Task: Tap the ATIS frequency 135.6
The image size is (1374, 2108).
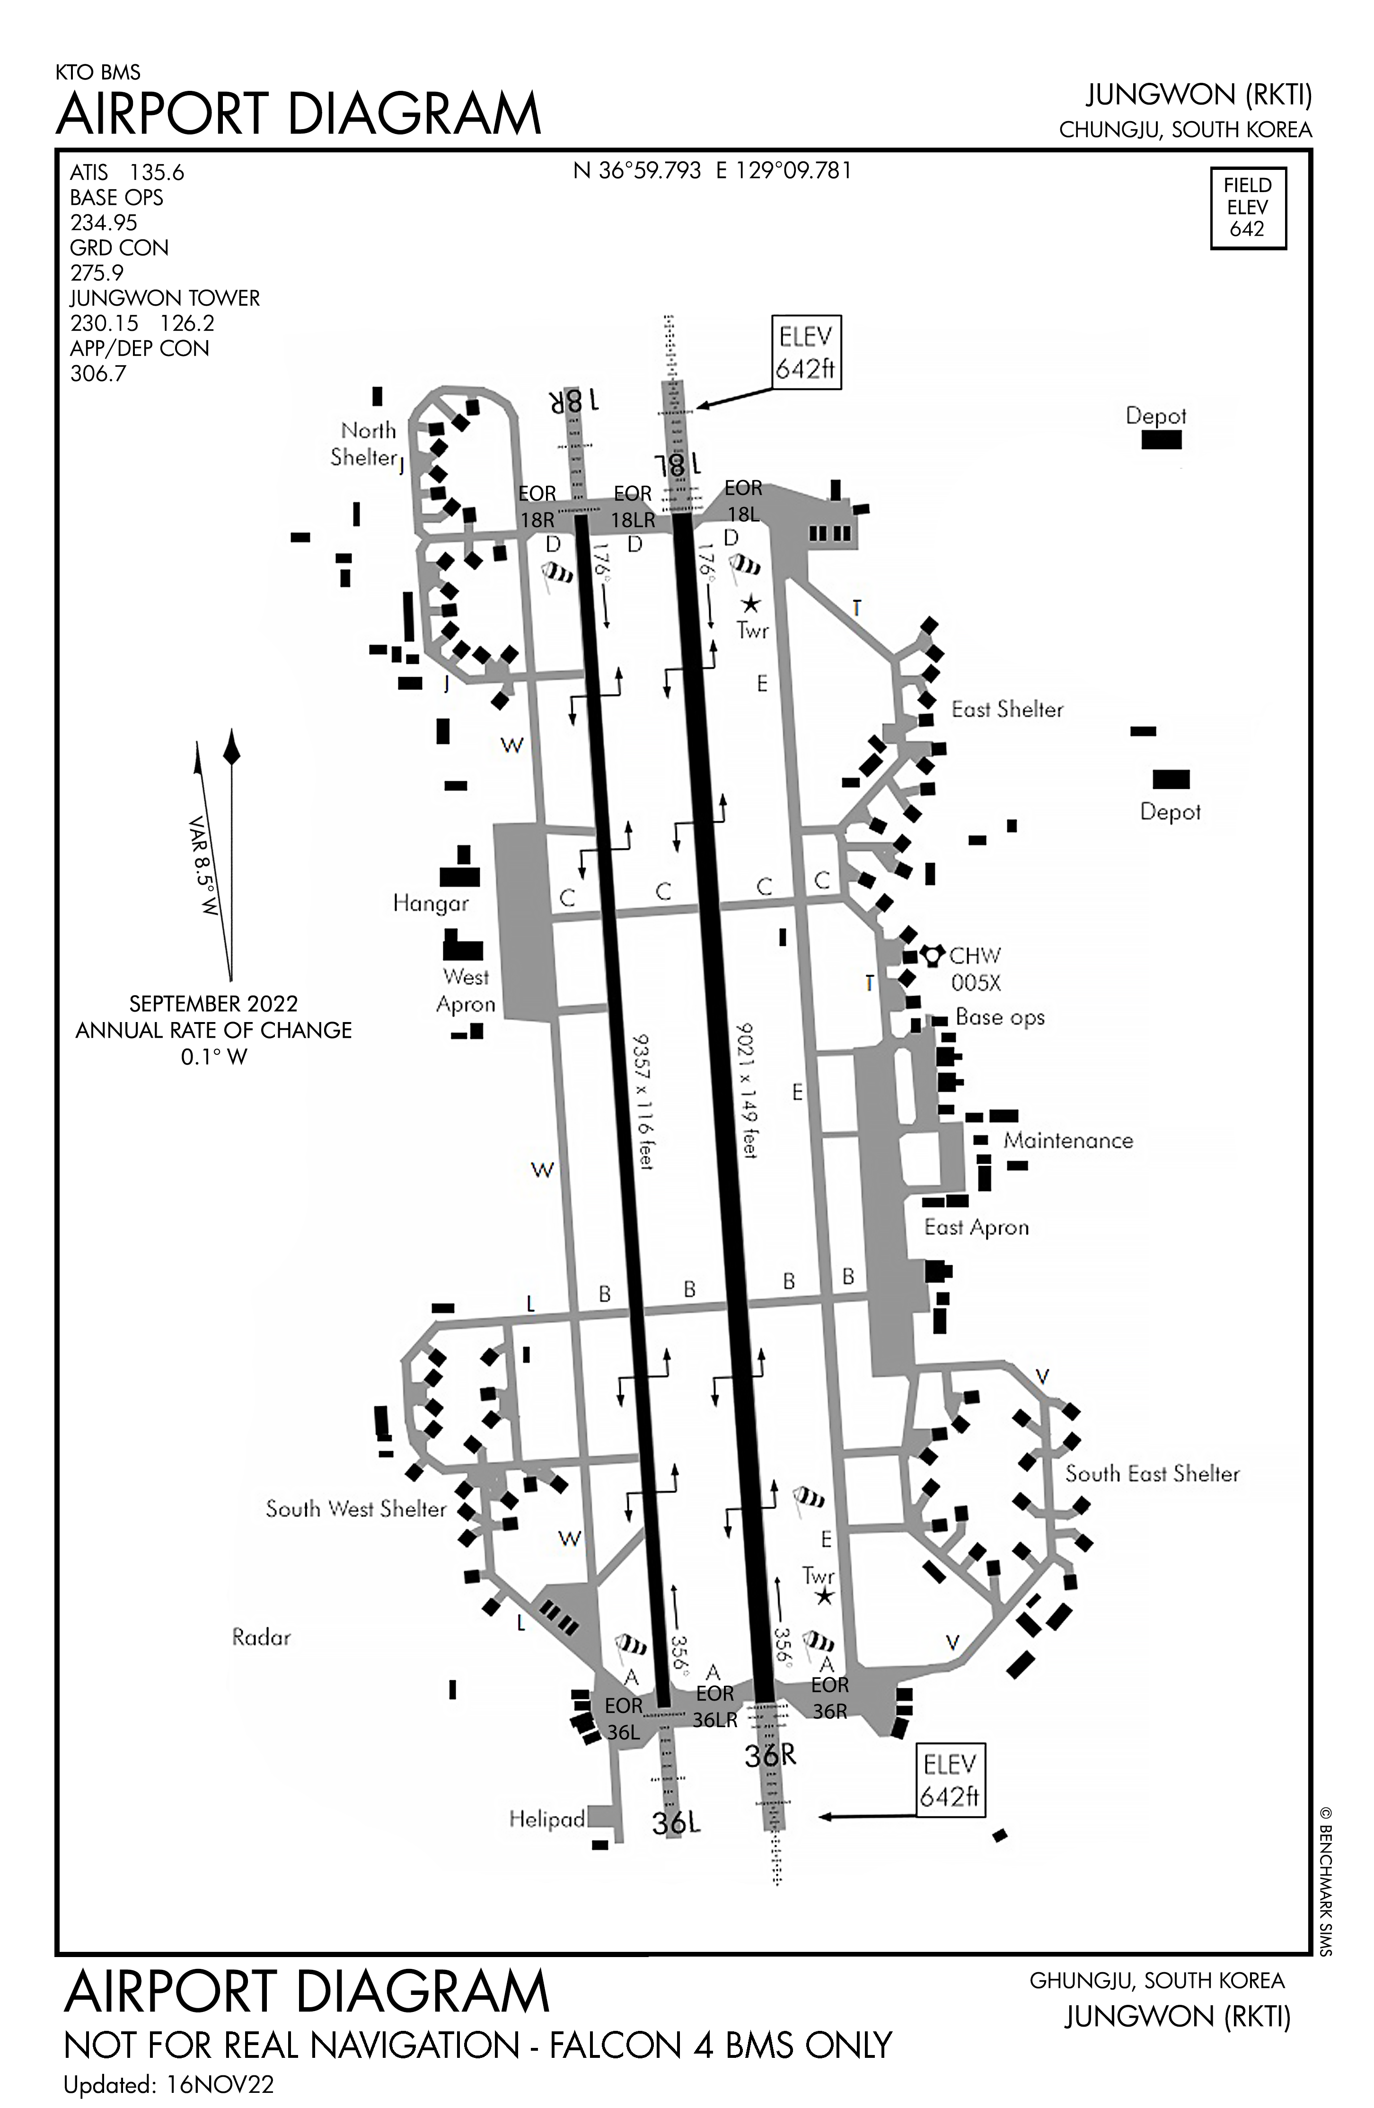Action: coord(157,173)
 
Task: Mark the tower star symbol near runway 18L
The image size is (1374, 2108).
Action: coord(750,604)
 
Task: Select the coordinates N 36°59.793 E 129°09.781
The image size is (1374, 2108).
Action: coord(712,170)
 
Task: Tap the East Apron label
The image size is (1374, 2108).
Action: coord(976,1227)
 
